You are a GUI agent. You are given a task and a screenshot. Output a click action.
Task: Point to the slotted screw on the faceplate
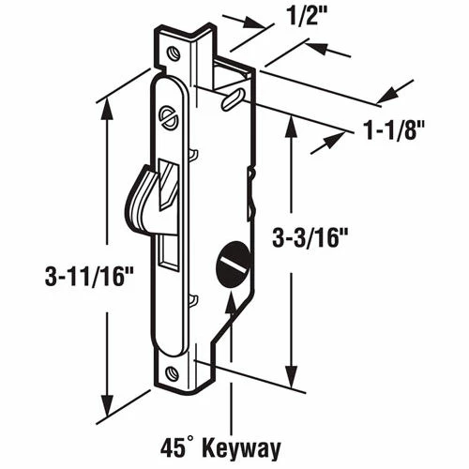click(170, 118)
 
